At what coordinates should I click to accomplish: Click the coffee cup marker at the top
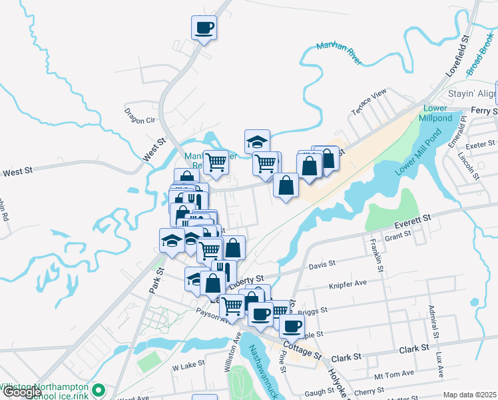(x=204, y=28)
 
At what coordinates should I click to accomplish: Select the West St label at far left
(x=18, y=173)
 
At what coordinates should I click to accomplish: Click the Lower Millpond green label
(x=436, y=113)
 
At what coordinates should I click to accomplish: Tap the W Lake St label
(x=186, y=367)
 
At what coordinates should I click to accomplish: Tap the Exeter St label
(x=481, y=143)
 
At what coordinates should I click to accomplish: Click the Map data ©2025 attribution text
(x=469, y=395)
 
